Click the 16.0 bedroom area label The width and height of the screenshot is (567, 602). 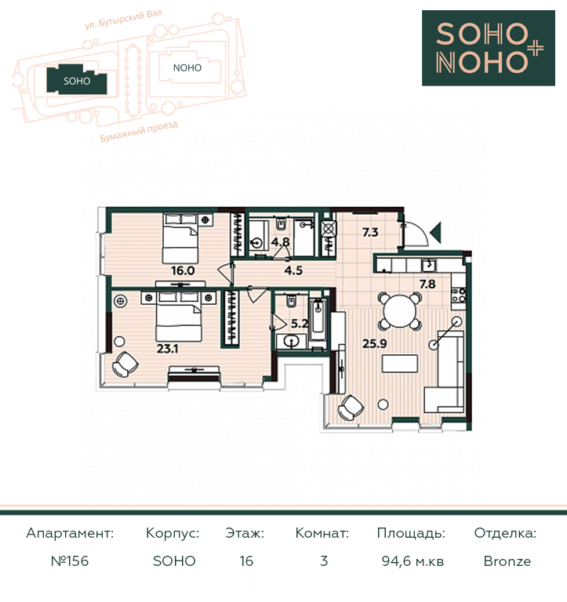pos(183,270)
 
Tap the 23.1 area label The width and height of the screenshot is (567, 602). pos(167,349)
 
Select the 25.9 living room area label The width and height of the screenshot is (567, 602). pos(375,343)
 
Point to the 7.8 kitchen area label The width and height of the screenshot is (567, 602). pos(427,284)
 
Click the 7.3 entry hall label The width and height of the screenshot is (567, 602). pos(370,232)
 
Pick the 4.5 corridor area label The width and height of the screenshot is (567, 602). pos(293,270)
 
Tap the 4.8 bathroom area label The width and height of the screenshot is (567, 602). pos(281,242)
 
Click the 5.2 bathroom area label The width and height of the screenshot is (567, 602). pos(300,324)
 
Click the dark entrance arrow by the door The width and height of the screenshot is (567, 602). pos(436,232)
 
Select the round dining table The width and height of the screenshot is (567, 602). pos(399,311)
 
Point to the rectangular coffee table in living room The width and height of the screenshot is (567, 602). pos(399,364)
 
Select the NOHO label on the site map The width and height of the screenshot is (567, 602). pos(187,68)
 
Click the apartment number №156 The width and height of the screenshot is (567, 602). pos(70,561)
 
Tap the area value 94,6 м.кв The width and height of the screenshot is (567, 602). pos(413,561)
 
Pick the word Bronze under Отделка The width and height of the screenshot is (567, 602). pos(507,561)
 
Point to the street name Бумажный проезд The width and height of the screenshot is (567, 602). pos(139,132)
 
